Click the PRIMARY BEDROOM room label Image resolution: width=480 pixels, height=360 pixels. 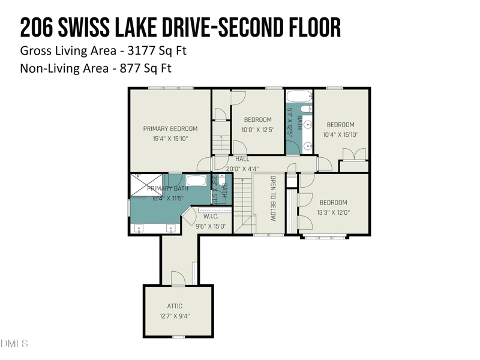pos(170,128)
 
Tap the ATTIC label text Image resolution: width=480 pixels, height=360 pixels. pos(175,306)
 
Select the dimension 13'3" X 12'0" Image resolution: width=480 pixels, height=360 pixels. pos(333,212)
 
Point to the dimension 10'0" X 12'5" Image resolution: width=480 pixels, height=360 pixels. pos(257,129)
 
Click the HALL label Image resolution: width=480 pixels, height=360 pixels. pos(242,159)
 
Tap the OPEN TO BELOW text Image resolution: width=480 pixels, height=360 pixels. pos(272,199)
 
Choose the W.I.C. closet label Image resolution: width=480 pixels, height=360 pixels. pos(211,217)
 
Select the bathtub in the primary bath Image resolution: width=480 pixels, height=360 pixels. pos(195,180)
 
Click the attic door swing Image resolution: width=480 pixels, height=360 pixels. pos(178,278)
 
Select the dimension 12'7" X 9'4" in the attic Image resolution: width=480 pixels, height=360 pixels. pos(175,316)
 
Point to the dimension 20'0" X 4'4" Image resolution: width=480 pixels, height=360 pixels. pos(242,169)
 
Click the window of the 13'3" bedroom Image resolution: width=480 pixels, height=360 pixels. pos(325,237)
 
